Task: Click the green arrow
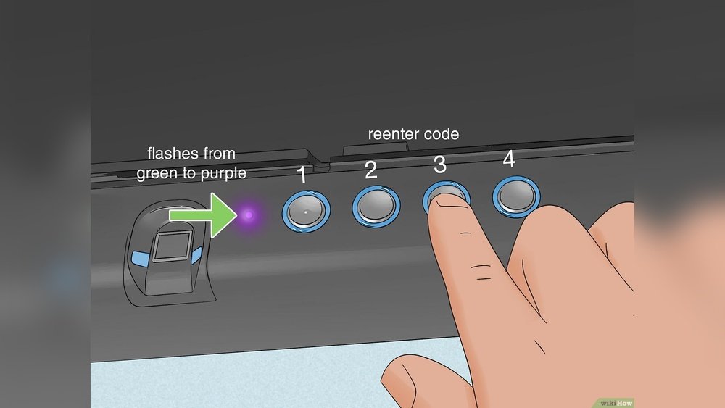tap(199, 215)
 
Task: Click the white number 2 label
tap(370, 170)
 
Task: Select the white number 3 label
tap(440, 165)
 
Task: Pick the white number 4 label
tap(509, 159)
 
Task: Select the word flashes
tap(171, 154)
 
